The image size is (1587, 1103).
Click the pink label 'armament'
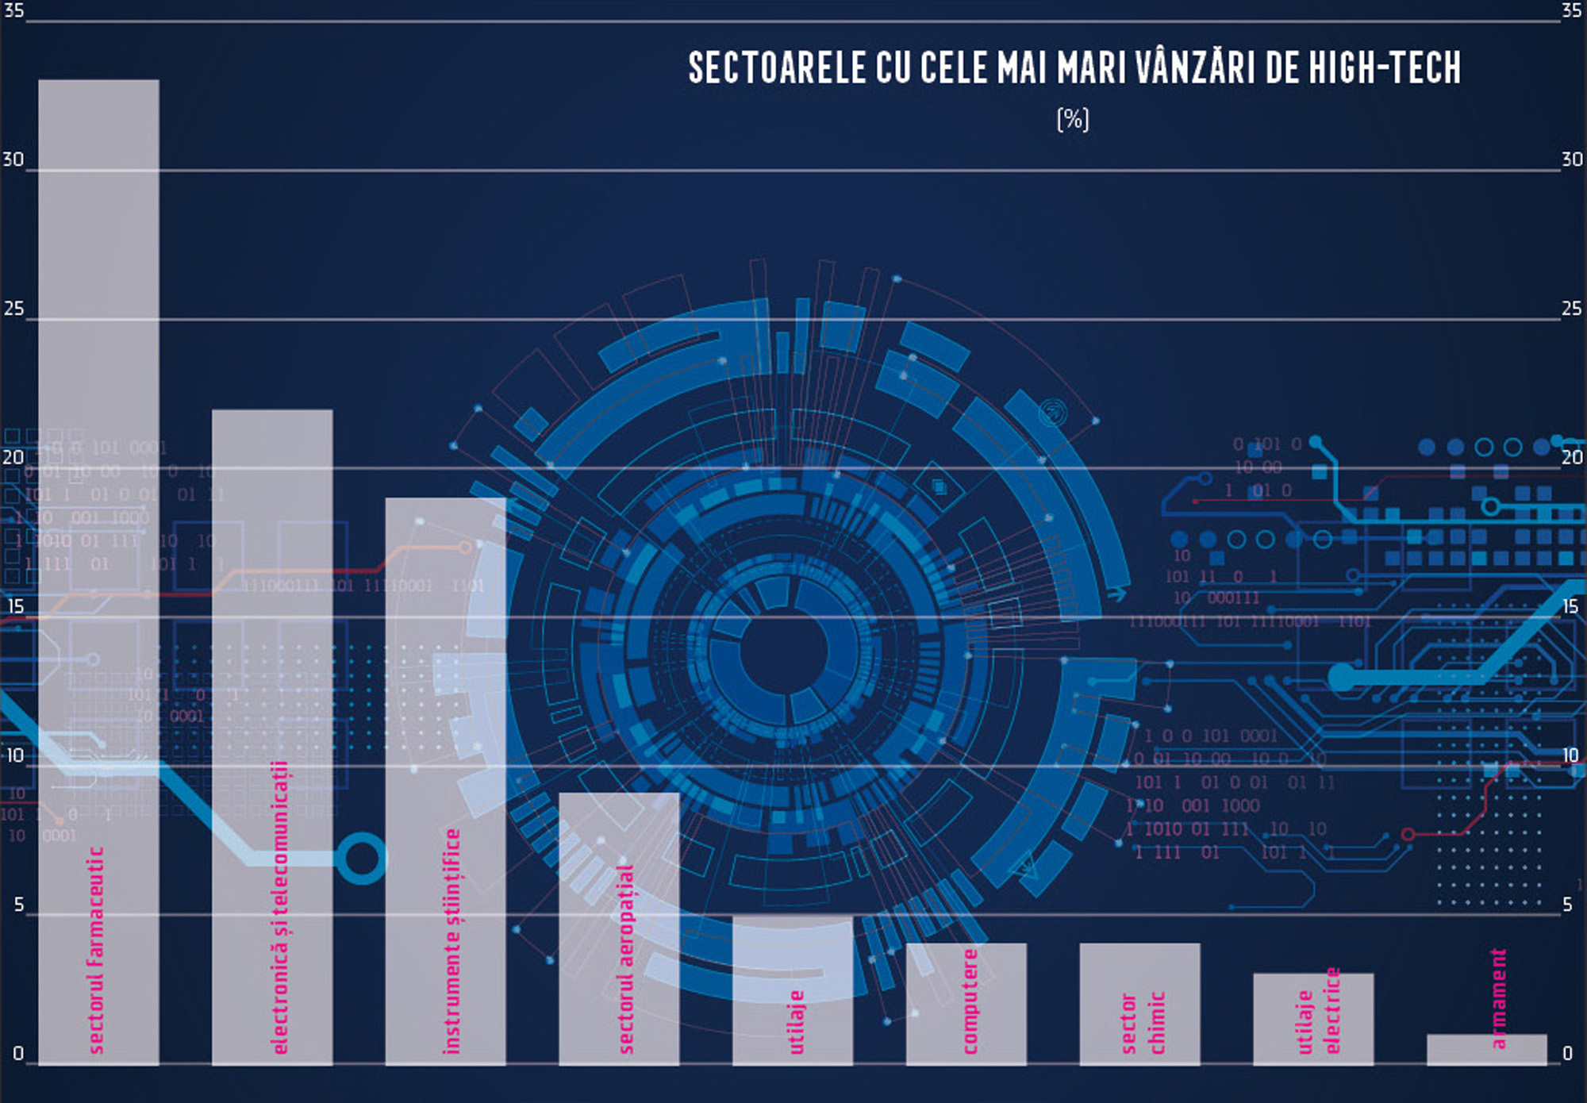coord(1497,998)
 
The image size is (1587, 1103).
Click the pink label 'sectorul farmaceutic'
coord(96,950)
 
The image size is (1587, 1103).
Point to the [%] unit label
coord(1073,120)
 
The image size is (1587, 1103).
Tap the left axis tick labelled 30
coord(13,159)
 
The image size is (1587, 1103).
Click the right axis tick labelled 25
coord(1571,309)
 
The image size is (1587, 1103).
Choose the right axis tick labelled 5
coord(1567,905)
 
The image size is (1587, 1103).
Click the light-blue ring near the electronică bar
coord(361,858)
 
